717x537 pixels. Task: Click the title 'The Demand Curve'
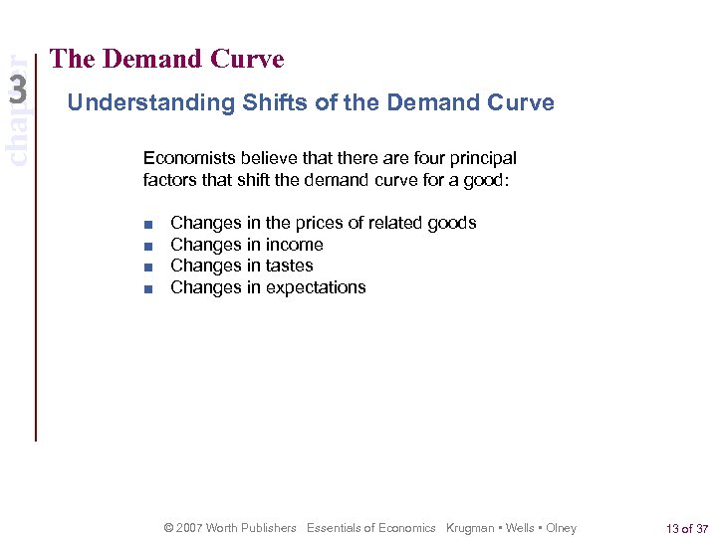166,60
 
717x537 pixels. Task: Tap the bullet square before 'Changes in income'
147,246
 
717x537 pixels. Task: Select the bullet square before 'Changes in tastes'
147,267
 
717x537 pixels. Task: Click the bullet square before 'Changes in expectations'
147,288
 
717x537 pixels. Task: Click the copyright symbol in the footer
168,528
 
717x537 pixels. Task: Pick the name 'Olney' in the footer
561,528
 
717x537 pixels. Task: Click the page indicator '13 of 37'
688,528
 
